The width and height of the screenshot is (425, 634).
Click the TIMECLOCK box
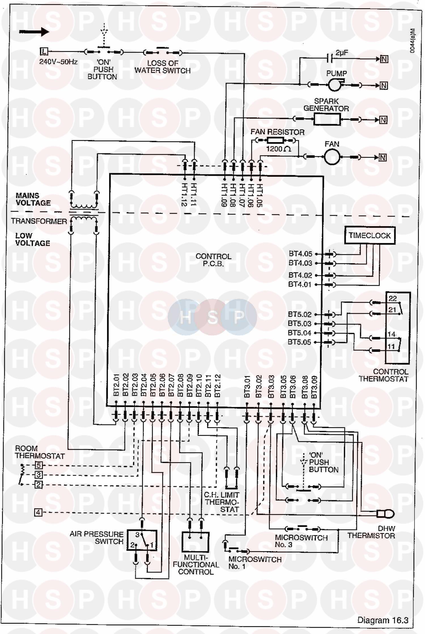(x=369, y=235)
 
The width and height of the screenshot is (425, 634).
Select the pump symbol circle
(x=335, y=84)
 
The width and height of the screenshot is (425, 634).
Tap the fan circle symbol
(x=332, y=157)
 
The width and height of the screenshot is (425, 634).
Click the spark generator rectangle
(x=327, y=119)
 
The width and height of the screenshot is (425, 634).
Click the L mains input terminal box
(x=44, y=52)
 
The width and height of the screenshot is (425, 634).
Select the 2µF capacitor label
(x=342, y=53)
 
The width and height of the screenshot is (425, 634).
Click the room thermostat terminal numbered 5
(x=39, y=465)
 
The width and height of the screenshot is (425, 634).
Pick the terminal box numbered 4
(x=38, y=512)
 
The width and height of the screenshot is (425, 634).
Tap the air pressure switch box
(x=142, y=540)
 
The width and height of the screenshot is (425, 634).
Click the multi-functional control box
(x=195, y=542)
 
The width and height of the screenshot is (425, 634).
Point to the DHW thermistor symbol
(x=386, y=513)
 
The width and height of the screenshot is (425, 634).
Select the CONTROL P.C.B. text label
(x=213, y=260)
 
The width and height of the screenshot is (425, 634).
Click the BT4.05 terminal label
(x=300, y=254)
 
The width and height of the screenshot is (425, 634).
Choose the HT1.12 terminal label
(x=184, y=194)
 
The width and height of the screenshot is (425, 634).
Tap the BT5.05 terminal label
(x=299, y=342)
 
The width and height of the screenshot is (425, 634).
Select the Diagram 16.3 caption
(x=382, y=620)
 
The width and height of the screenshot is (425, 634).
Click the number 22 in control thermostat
(x=392, y=298)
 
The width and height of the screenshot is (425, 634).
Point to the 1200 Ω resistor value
(x=279, y=149)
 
